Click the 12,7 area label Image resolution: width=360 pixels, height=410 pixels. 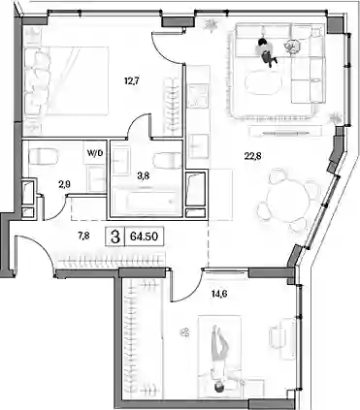tap(132, 80)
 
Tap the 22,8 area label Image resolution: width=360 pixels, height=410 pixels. tap(252, 156)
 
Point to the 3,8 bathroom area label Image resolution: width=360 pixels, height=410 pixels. tap(144, 176)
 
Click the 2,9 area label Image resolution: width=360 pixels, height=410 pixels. tap(65, 184)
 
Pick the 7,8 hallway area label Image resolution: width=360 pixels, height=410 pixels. tap(83, 237)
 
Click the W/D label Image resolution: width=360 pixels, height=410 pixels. tap(95, 153)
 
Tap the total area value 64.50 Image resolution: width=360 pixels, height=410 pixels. tap(144, 237)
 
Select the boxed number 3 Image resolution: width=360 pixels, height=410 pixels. tap(115, 237)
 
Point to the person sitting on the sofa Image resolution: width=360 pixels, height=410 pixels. tap(267, 51)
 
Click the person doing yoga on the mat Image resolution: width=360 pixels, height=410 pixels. tap(219, 359)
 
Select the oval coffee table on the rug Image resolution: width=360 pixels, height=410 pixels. tap(263, 82)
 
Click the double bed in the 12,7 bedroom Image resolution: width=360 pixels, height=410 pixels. tap(66, 80)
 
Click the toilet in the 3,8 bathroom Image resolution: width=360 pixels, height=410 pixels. tap(168, 161)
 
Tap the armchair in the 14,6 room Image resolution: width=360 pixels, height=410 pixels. tap(282, 335)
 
